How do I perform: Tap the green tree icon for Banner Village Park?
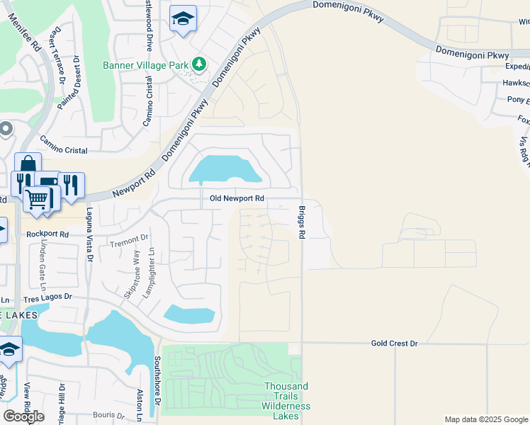[x=200, y=64]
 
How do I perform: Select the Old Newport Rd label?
[x=237, y=199]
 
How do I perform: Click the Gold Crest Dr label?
[x=395, y=344]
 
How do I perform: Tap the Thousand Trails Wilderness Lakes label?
[x=286, y=396]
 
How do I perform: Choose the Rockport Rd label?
[x=47, y=234]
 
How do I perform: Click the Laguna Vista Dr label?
[x=90, y=233]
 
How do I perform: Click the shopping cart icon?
[x=36, y=198]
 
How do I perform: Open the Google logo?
[x=23, y=416]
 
